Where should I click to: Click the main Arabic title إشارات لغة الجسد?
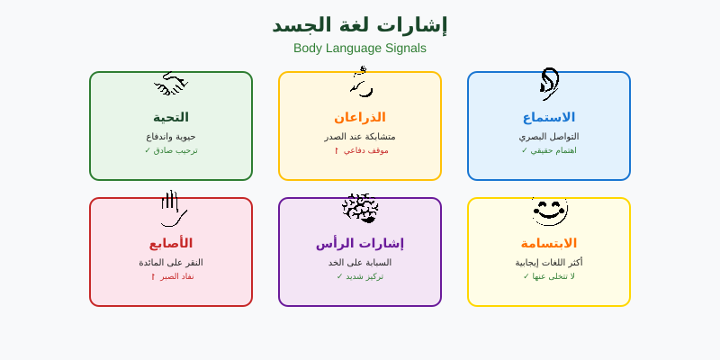click(360, 25)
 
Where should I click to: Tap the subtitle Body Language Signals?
click(360, 49)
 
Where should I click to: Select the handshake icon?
click(171, 85)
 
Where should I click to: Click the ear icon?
click(549, 84)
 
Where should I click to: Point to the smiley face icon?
click(549, 211)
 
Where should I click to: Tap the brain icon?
click(360, 209)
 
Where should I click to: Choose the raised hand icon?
click(172, 209)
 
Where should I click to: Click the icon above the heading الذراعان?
click(361, 83)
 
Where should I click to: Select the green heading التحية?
click(171, 117)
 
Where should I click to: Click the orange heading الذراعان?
click(360, 117)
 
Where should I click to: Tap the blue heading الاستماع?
click(549, 117)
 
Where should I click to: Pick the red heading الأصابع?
click(171, 243)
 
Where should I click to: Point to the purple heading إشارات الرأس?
click(360, 243)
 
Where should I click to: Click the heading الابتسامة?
click(549, 243)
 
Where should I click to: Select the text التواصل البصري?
click(549, 137)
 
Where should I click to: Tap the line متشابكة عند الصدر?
click(360, 137)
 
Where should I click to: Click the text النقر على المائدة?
click(171, 263)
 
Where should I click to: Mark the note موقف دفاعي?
click(362, 150)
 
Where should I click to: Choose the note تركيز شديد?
click(360, 276)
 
